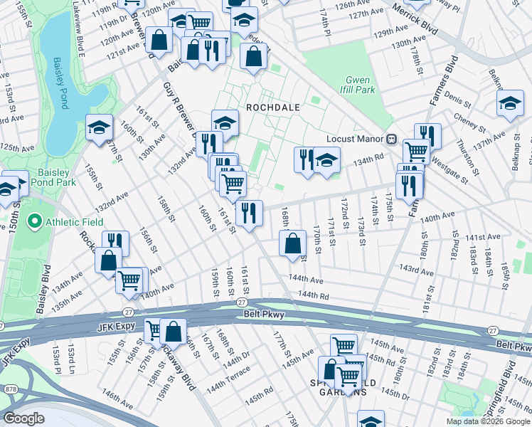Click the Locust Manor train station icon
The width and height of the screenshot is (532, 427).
coord(390,139)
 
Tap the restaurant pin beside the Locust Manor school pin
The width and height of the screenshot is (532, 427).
coord(305,158)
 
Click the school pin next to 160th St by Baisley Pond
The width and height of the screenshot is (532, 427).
coord(99,127)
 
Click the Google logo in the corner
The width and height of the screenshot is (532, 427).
coord(24,418)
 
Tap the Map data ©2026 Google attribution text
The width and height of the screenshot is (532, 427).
coord(487,421)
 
